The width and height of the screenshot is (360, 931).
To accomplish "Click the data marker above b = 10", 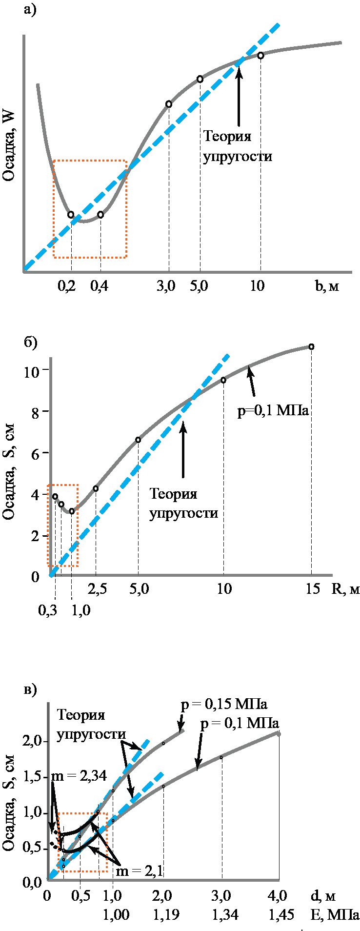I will point(260,56).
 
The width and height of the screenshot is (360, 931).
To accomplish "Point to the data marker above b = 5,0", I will point(200,79).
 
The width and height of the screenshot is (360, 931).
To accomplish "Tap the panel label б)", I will point(30,343).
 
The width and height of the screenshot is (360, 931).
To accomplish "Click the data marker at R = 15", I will point(311,347).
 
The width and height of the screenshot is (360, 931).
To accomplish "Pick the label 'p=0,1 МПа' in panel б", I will point(273,411).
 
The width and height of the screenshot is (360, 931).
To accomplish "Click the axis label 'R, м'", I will point(346,589).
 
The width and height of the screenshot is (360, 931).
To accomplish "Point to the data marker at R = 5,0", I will point(138,440).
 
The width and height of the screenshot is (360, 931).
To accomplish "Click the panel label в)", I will point(30,690).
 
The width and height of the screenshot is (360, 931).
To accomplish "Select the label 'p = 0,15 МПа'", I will point(224,705).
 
